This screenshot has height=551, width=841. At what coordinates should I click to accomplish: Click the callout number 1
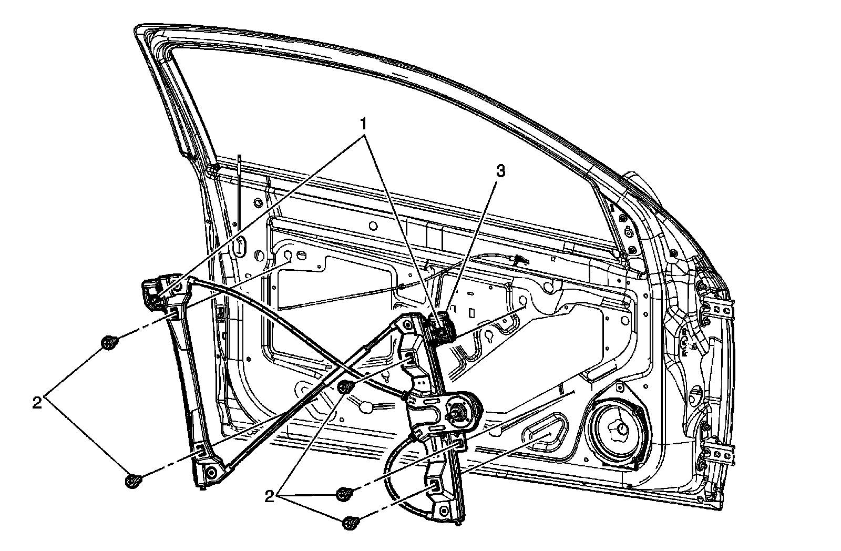tap(362, 124)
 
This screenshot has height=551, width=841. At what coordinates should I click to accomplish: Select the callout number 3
tap(500, 172)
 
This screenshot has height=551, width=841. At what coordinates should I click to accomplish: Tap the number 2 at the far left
tap(37, 403)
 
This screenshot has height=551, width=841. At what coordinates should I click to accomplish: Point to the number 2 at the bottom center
tap(270, 496)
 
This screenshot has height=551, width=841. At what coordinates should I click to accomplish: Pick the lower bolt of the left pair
tap(134, 481)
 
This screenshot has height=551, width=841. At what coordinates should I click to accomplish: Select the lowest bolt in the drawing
tap(350, 523)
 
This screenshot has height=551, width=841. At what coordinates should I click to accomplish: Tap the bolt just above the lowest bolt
tap(344, 494)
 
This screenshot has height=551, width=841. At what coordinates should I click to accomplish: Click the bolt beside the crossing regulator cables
tap(345, 387)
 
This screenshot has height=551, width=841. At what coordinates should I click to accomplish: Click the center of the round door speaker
tap(619, 428)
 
